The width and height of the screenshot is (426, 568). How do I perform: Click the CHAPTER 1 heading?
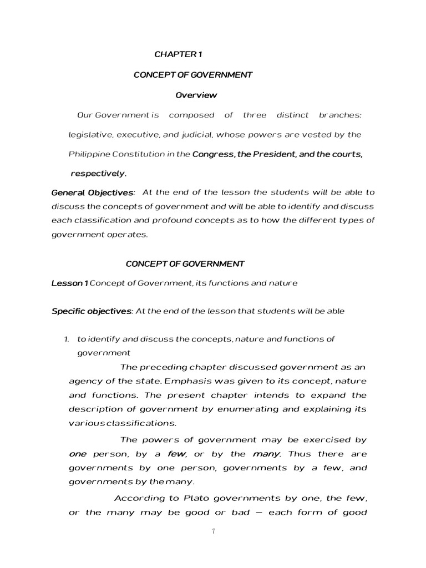pos(174,54)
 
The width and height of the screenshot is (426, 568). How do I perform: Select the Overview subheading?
pos(196,95)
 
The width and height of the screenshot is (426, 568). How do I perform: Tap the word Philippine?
pos(87,154)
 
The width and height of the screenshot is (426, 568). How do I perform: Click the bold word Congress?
pos(212,154)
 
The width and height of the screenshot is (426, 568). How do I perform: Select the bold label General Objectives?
pos(92,192)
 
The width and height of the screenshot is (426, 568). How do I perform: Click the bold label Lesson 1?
pos(69,283)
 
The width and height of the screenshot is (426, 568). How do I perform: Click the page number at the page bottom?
pos(212,531)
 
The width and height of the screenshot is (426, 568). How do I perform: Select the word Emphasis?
pos(185,382)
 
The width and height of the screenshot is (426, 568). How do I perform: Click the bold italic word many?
pos(265,454)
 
